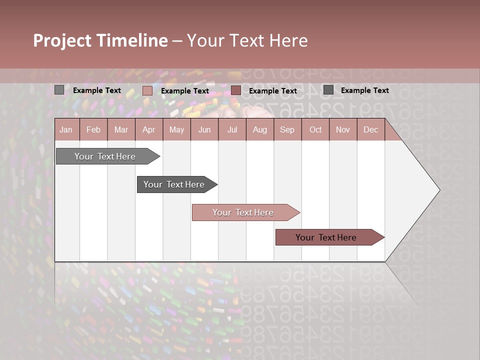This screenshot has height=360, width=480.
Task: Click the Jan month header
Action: [66, 129]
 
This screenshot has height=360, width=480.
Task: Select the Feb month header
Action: [93, 129]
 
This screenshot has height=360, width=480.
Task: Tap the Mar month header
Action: [121, 129]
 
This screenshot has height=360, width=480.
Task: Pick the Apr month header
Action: [149, 129]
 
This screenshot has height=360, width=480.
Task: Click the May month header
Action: [176, 129]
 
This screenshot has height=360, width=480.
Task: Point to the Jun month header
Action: [204, 129]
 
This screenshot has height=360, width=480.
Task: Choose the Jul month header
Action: [232, 129]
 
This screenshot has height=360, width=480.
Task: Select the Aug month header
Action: [260, 129]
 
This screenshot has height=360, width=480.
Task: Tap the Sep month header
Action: [287, 129]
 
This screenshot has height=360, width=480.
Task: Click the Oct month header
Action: [315, 129]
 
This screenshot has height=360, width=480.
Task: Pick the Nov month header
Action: [343, 129]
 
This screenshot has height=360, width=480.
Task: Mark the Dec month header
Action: [370, 129]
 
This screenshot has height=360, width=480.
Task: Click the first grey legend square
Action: [59, 90]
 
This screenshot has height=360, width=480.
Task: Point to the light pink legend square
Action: [147, 90]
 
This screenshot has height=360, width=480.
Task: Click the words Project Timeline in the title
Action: [100, 40]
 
